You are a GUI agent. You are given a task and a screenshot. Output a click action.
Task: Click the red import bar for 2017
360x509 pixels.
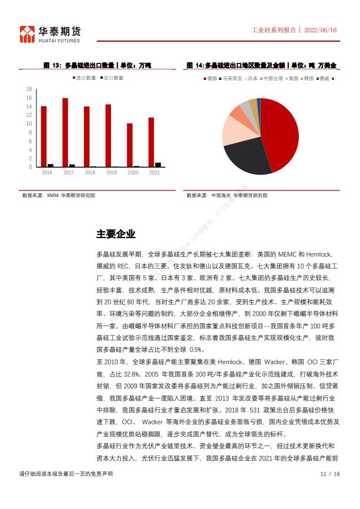coord(65,132)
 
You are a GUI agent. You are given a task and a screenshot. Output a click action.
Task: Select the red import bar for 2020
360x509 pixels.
coord(130,145)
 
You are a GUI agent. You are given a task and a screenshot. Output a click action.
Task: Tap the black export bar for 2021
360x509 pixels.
coord(157,165)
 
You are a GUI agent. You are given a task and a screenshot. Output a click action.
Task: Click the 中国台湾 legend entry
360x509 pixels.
coord(272,78)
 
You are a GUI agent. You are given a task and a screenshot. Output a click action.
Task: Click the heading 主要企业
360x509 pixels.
coord(116,235)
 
